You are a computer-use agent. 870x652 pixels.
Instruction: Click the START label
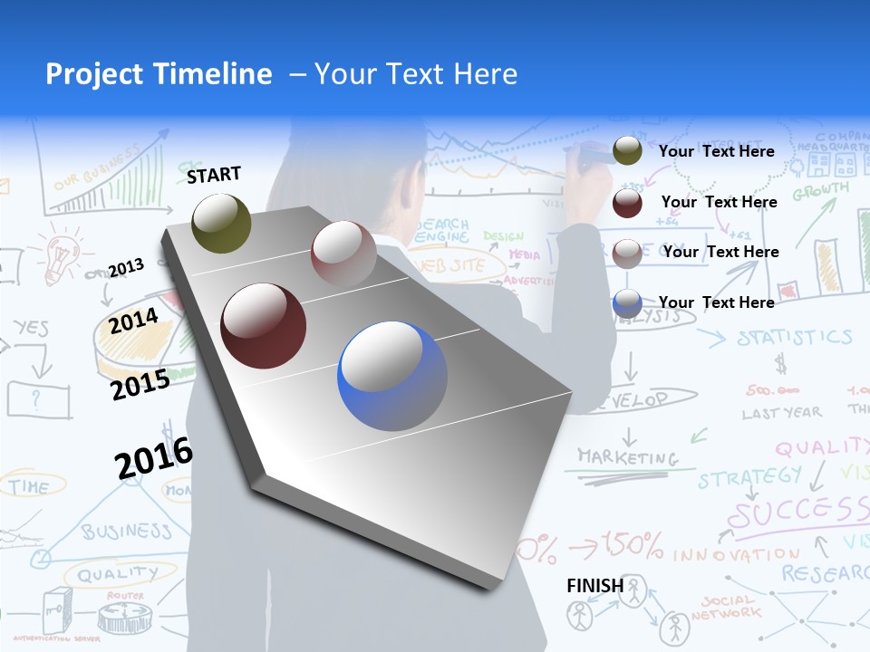click(214, 174)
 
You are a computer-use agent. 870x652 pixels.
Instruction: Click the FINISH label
click(594, 586)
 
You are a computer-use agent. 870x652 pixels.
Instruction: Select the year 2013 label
click(126, 267)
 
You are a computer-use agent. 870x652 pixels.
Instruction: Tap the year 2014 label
click(134, 321)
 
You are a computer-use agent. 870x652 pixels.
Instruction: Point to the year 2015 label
click(140, 385)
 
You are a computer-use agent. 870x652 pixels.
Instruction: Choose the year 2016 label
click(154, 457)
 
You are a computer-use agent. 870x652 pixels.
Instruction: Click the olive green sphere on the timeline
click(222, 223)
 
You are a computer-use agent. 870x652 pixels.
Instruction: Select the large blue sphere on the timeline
click(392, 376)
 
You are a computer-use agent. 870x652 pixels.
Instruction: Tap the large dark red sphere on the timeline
click(264, 326)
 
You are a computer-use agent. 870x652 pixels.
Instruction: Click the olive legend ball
click(627, 151)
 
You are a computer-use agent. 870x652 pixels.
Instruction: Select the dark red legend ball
click(627, 203)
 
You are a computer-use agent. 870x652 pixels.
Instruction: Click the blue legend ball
click(627, 303)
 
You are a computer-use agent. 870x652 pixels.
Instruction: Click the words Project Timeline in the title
click(159, 74)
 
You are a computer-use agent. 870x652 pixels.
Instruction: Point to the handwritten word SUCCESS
click(797, 513)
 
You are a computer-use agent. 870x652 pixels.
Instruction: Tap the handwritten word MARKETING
click(628, 456)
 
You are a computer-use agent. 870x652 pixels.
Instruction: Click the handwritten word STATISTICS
click(794, 338)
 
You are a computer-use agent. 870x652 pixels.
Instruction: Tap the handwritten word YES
click(31, 328)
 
